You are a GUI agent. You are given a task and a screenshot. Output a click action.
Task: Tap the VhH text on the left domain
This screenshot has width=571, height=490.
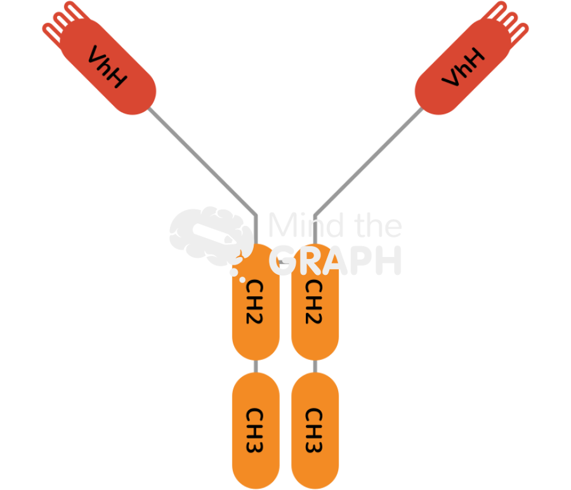coord(107,67)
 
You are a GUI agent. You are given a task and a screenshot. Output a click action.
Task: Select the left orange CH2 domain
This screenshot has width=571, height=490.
coord(256,317)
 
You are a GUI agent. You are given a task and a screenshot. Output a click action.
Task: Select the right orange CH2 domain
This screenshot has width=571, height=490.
coord(315,317)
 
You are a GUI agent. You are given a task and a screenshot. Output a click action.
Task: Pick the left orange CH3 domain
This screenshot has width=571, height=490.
coord(256,430)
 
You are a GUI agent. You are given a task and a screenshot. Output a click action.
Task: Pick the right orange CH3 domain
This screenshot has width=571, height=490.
coord(315,430)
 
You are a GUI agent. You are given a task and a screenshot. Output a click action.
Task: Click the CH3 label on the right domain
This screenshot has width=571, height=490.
coord(315,430)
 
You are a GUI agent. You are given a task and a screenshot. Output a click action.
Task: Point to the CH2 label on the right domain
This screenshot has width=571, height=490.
coord(315,301)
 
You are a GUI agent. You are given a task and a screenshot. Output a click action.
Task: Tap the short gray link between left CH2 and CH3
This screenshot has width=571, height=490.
coord(256,366)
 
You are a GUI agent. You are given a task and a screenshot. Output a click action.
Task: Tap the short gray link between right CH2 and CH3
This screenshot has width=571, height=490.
coord(315,366)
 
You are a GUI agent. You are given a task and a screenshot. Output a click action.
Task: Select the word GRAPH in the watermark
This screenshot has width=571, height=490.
coord(336,260)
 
